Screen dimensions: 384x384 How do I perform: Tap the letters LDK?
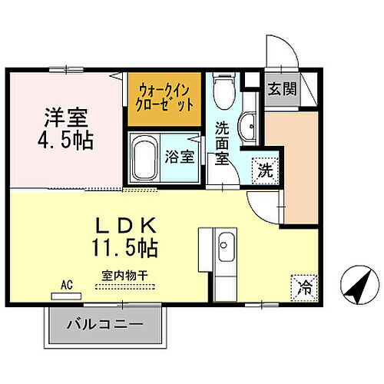click(127, 227)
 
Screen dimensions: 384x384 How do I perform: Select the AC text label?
click(68, 283)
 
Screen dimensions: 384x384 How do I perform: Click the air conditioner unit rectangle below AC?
click(68, 293)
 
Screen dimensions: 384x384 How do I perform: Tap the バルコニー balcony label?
click(108, 325)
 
